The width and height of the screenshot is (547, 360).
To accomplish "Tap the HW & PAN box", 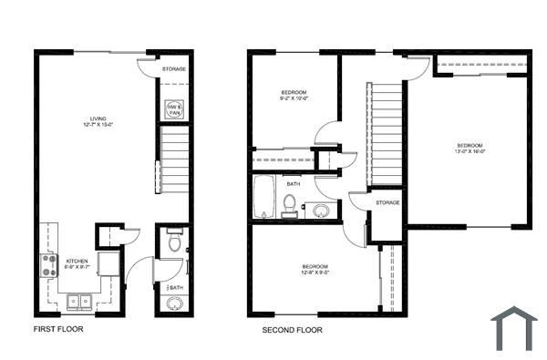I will click(x=173, y=109).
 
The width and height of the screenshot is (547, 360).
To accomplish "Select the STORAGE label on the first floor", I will click(x=174, y=69).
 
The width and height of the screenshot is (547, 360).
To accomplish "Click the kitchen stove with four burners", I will click(x=48, y=266).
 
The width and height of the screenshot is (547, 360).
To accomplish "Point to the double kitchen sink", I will click(x=78, y=300).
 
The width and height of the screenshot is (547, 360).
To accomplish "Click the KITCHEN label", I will click(x=77, y=264).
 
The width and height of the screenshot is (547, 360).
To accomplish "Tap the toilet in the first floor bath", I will click(x=174, y=242).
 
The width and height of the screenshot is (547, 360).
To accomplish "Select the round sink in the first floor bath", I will click(x=174, y=303).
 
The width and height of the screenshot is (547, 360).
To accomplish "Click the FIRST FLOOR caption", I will click(x=58, y=329).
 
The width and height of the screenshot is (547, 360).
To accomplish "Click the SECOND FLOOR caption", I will click(x=292, y=329).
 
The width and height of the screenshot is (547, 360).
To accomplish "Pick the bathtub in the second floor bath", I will click(x=264, y=197).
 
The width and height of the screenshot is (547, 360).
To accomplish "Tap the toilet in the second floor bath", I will click(x=290, y=206).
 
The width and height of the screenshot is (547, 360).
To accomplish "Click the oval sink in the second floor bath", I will click(x=320, y=211).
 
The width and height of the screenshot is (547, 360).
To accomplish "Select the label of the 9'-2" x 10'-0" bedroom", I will click(x=294, y=96).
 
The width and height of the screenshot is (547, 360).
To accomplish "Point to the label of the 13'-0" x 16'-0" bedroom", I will click(x=469, y=149).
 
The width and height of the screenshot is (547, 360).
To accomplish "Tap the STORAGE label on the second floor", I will click(x=386, y=202).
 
